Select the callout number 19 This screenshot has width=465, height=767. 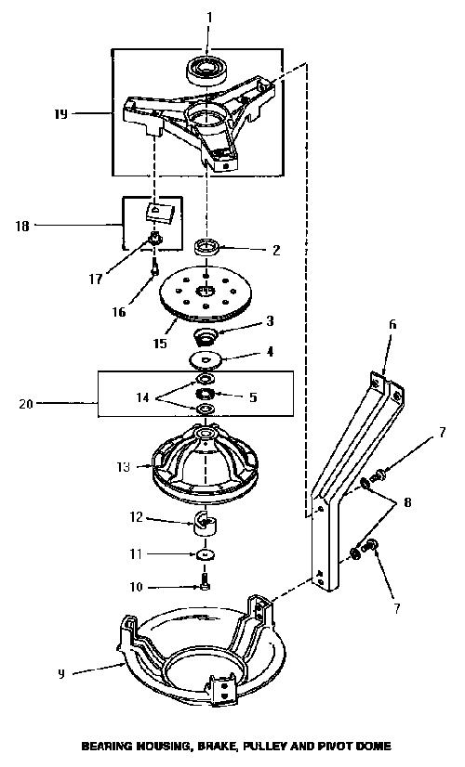(x=60, y=114)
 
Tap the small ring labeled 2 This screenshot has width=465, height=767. (x=206, y=246)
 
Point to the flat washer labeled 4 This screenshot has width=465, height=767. (x=206, y=358)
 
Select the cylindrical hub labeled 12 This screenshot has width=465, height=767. (x=206, y=523)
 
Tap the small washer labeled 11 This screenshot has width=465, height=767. (x=206, y=554)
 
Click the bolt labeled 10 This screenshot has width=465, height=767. (x=206, y=583)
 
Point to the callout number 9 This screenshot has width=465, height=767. (x=60, y=674)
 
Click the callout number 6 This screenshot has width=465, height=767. (x=392, y=324)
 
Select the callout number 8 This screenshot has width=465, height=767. (x=407, y=501)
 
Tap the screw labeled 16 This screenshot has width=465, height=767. (x=155, y=267)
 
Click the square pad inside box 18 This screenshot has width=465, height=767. (x=159, y=212)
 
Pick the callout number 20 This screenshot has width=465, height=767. (x=25, y=404)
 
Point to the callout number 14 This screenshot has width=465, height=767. (x=142, y=397)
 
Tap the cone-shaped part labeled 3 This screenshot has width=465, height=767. (x=206, y=336)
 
